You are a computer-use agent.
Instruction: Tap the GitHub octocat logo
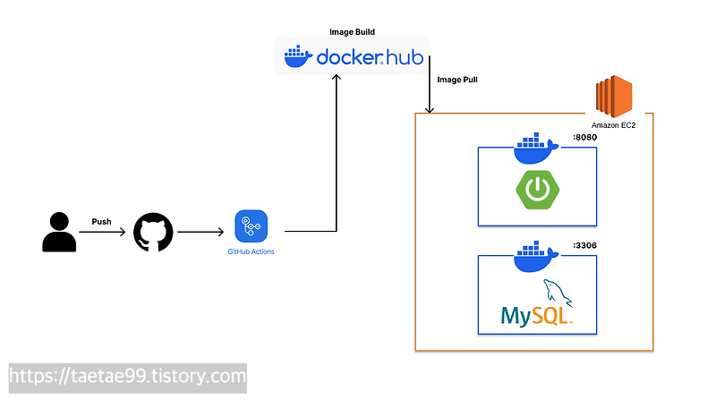click(151, 232)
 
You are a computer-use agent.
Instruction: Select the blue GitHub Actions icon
click(251, 226)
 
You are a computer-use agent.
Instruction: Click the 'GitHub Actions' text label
click(251, 252)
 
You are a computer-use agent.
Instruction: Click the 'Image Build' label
click(352, 31)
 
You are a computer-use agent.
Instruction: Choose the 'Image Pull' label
click(457, 80)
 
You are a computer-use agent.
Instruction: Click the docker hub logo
click(352, 57)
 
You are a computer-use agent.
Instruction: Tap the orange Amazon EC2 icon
click(614, 97)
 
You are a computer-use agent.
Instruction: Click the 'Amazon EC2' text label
click(613, 126)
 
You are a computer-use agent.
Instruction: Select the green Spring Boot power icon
click(536, 189)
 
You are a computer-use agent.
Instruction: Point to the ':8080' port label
click(584, 138)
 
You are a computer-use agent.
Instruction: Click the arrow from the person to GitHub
click(102, 232)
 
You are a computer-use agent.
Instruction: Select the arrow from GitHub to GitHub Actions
click(200, 232)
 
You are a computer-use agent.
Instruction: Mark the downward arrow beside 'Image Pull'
click(430, 85)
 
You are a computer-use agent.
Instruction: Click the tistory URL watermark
click(127, 376)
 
